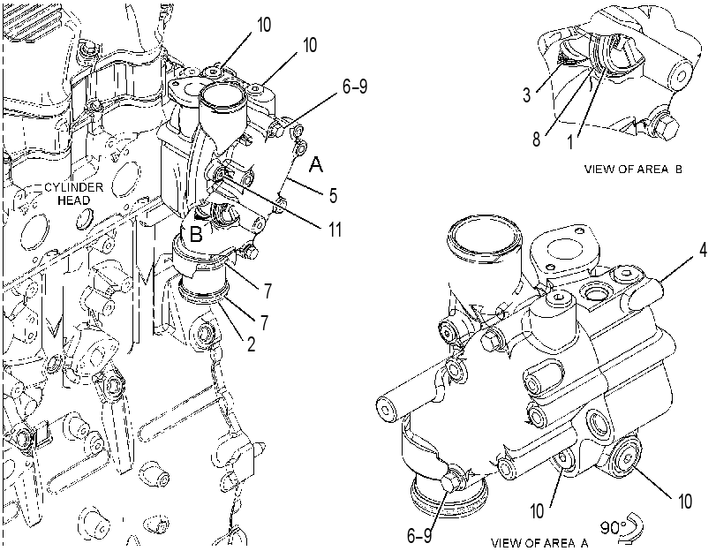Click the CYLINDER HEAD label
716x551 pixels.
(x=73, y=193)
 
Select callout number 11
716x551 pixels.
(x=335, y=230)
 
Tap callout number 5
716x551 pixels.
(x=333, y=195)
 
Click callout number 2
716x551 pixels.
(x=251, y=343)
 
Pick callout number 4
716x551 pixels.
(x=704, y=250)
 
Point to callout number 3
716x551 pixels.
(x=526, y=94)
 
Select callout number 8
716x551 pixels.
(x=537, y=139)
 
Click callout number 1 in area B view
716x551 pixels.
(x=569, y=142)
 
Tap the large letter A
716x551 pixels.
(x=315, y=164)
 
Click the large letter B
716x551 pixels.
(x=196, y=234)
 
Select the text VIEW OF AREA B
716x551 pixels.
(x=633, y=169)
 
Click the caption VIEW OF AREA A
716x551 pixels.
(x=539, y=543)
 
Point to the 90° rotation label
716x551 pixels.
(x=611, y=528)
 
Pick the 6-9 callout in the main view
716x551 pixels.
(x=355, y=86)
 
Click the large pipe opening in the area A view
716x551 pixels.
(x=485, y=240)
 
